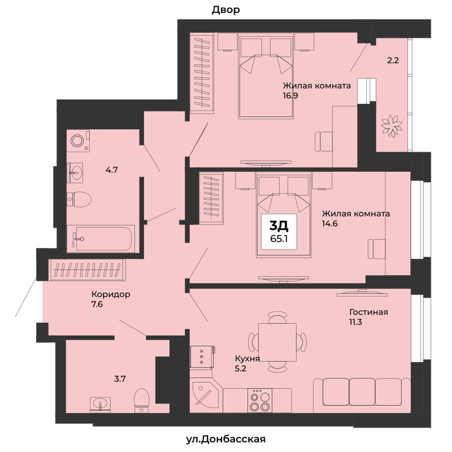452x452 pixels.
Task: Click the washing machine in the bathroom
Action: (x=78, y=141)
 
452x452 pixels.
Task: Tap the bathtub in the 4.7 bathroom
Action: (x=101, y=239)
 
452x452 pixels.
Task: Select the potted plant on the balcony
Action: (x=391, y=126)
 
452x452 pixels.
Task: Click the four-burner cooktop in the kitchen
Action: (x=260, y=400)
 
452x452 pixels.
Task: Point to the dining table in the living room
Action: (x=278, y=342)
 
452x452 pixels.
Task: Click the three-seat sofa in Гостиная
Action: (x=362, y=395)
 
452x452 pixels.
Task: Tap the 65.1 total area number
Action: (x=279, y=239)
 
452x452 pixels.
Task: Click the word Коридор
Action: (x=110, y=294)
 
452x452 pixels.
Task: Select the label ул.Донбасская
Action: (x=226, y=439)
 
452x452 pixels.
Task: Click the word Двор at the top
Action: (x=226, y=10)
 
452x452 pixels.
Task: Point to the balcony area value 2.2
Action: (x=393, y=61)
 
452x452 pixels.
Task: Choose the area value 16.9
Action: (x=291, y=96)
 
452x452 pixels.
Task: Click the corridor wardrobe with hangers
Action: (x=87, y=270)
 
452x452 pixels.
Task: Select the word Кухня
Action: (x=247, y=359)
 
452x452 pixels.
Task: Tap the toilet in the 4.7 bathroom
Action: (x=79, y=199)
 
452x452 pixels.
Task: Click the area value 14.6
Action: (x=330, y=223)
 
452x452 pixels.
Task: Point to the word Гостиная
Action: (x=369, y=312)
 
